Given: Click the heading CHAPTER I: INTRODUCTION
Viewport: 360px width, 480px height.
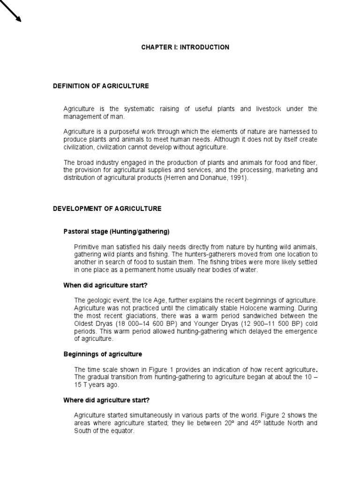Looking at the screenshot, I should click(x=186, y=47).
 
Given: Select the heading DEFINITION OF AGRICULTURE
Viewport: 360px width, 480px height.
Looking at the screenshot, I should click(x=101, y=86).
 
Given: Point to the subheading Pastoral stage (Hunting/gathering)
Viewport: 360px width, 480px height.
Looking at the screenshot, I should click(x=116, y=232).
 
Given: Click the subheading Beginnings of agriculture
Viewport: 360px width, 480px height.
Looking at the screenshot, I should click(x=103, y=354).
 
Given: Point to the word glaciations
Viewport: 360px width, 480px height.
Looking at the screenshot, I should click(x=155, y=316).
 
